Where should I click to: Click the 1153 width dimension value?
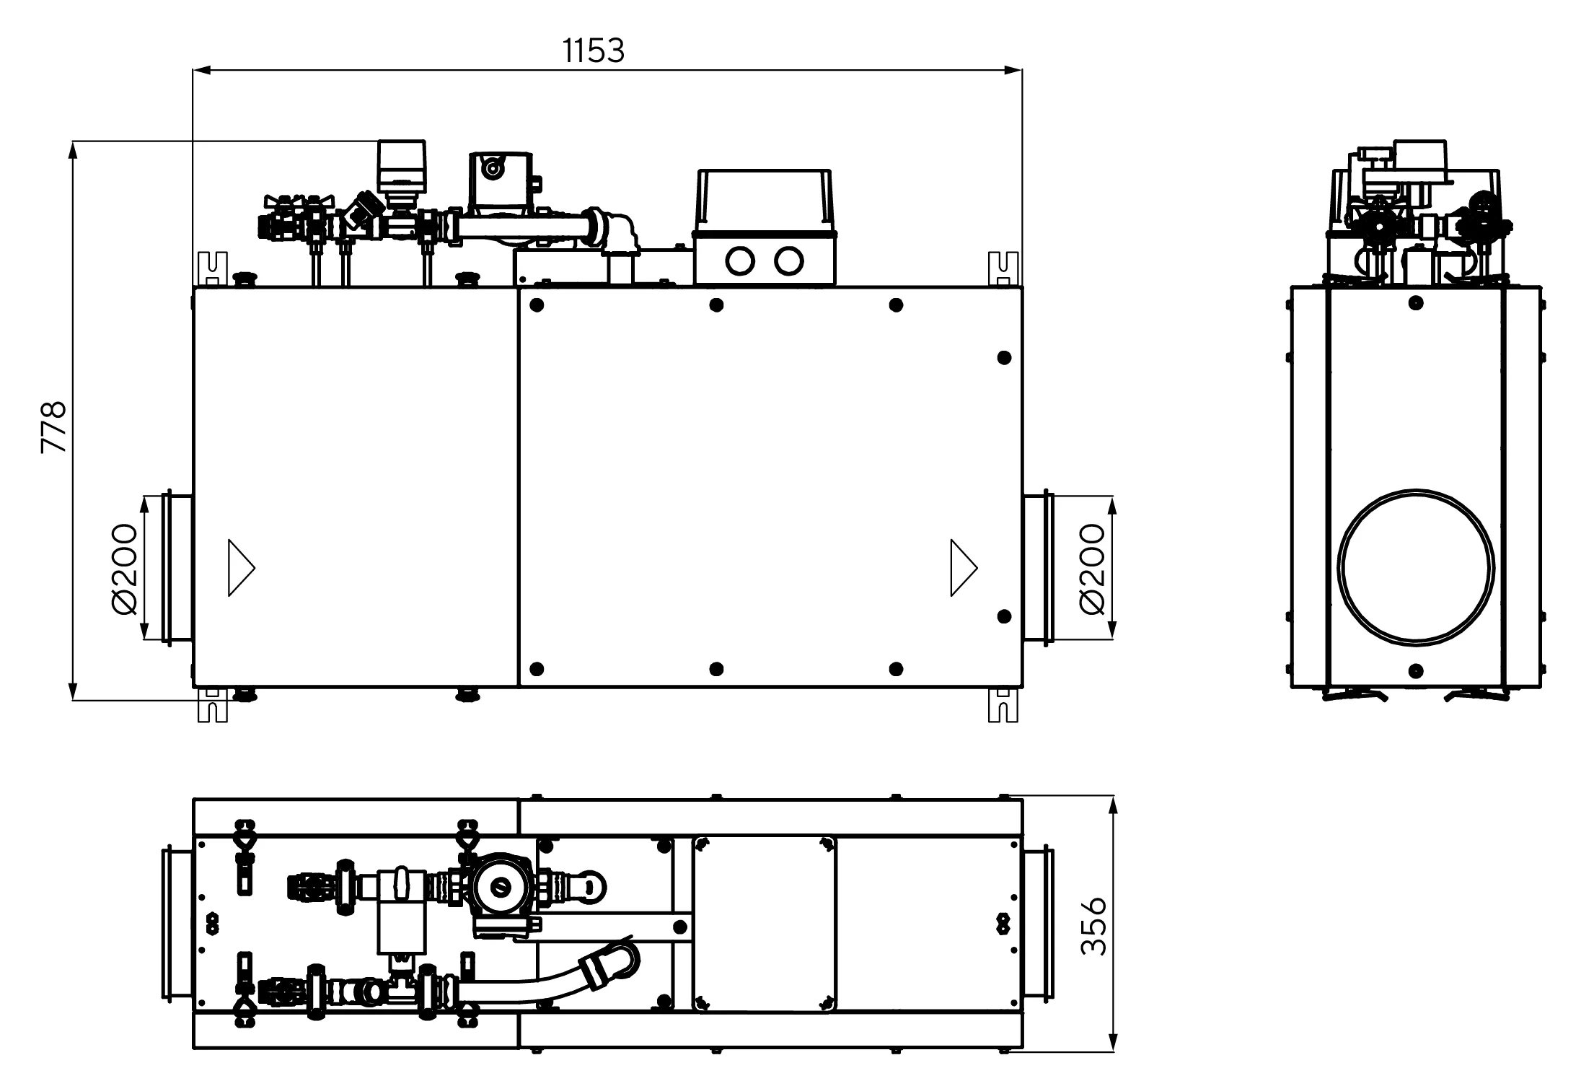(x=593, y=51)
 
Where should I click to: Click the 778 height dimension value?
(x=54, y=427)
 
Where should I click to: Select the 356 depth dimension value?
(x=1093, y=926)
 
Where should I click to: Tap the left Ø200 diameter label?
(x=125, y=569)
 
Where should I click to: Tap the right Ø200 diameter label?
(x=1093, y=569)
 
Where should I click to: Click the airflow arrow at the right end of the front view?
(x=962, y=568)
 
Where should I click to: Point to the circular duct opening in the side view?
(x=1415, y=566)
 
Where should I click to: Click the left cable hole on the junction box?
(x=741, y=261)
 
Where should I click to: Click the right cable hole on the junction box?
(x=788, y=261)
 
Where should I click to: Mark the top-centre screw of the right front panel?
(x=716, y=305)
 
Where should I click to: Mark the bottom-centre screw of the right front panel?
(x=716, y=670)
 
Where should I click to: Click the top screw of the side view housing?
(x=1416, y=302)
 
